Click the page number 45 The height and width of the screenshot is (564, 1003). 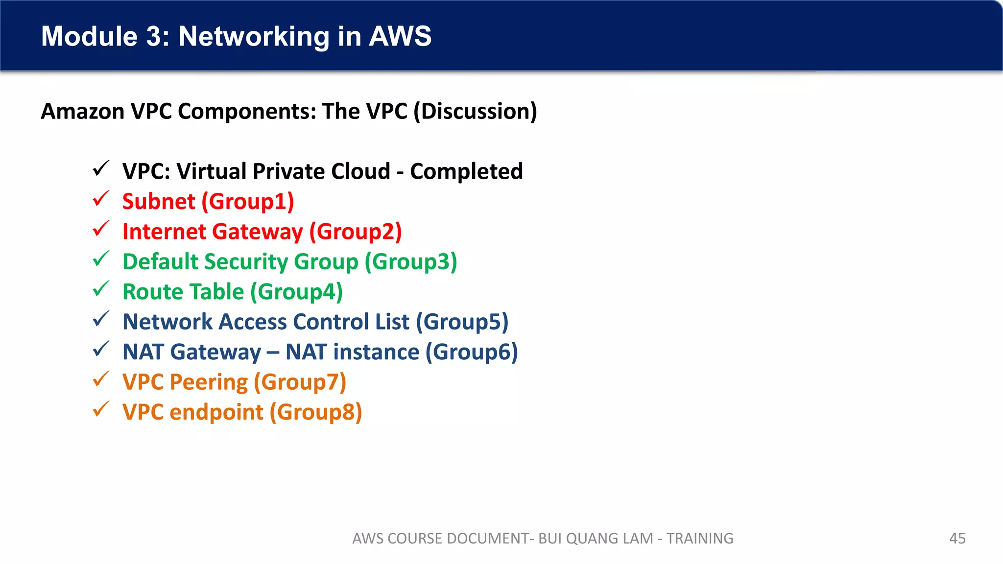957,539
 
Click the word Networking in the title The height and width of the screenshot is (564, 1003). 254,37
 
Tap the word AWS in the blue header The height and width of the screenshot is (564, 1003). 400,37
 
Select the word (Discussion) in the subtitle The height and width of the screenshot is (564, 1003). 475,112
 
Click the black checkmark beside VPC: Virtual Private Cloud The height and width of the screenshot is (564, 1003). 101,169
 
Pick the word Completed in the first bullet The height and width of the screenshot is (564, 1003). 466,171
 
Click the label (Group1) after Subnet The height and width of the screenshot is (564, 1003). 248,202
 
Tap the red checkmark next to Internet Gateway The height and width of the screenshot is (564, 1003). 101,229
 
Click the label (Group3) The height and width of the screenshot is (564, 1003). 411,262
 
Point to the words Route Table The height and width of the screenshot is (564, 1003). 183,292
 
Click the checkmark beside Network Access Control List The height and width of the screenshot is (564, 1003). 101,319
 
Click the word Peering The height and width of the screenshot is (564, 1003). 209,382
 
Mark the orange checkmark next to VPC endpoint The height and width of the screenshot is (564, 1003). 101,409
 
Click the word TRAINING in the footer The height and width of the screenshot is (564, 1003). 700,539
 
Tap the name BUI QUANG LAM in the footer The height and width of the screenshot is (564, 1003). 596,539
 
